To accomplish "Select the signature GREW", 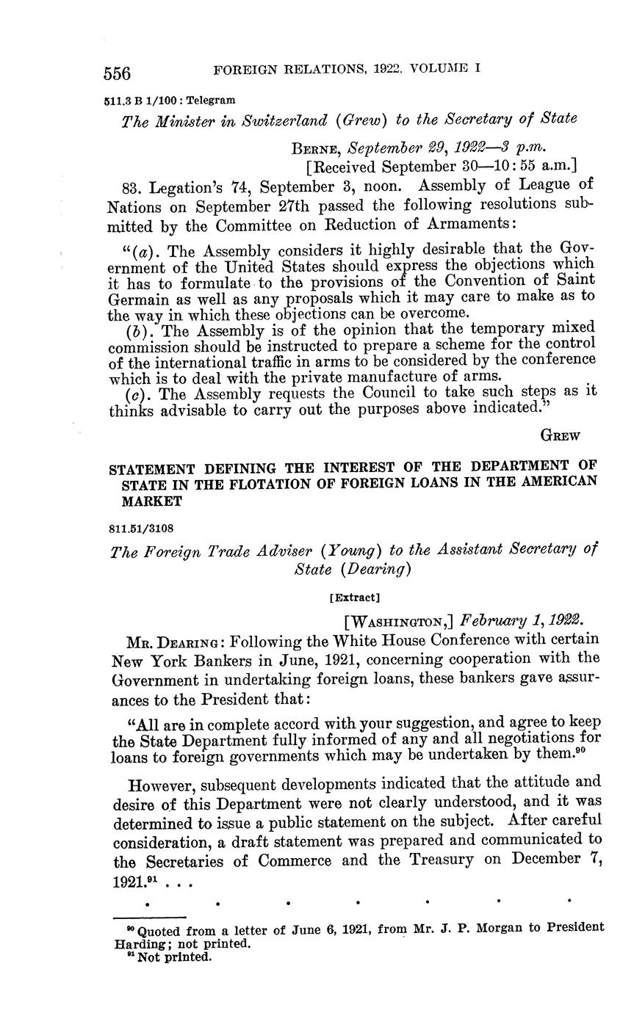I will [x=560, y=435].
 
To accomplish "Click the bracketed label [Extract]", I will [x=355, y=597].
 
